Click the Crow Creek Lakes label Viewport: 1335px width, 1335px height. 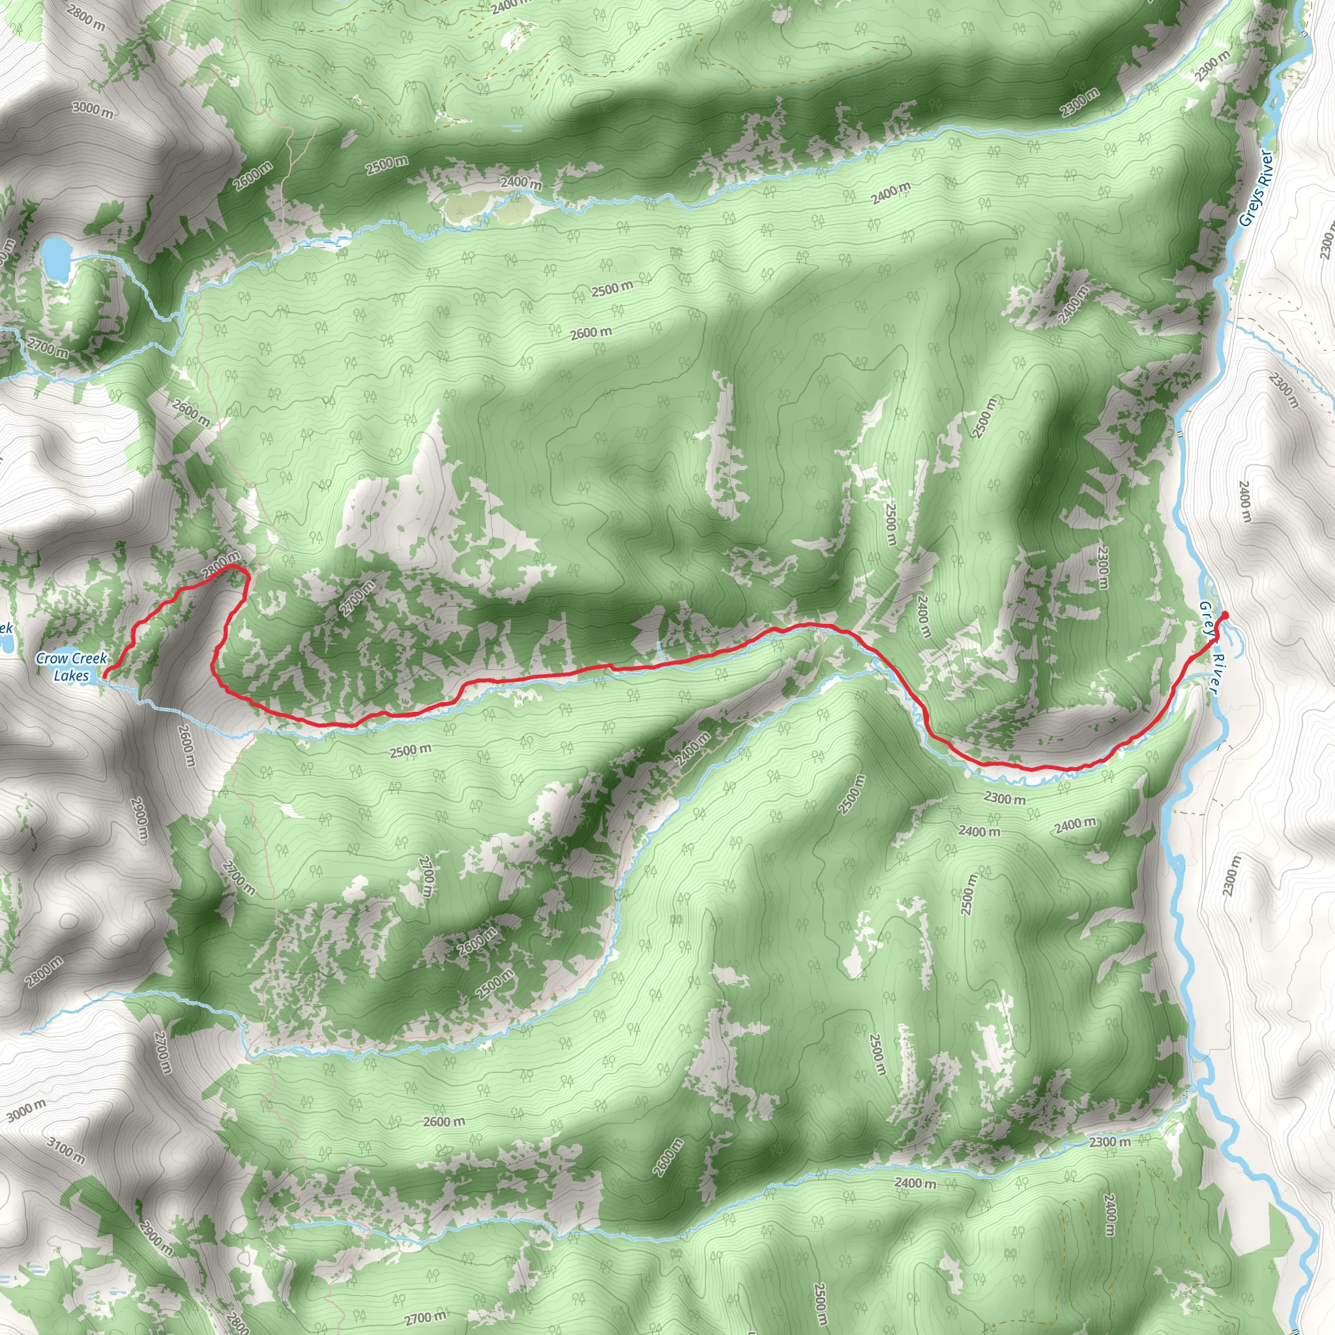coord(71,667)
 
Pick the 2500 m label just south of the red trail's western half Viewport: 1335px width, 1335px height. coord(410,750)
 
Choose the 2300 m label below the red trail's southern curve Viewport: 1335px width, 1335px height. coord(1004,799)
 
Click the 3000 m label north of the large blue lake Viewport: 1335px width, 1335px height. coord(93,109)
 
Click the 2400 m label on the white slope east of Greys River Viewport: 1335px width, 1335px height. coord(1245,503)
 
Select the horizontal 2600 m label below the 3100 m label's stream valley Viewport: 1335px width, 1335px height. coord(444,1121)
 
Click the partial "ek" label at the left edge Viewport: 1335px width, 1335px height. coord(5,628)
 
